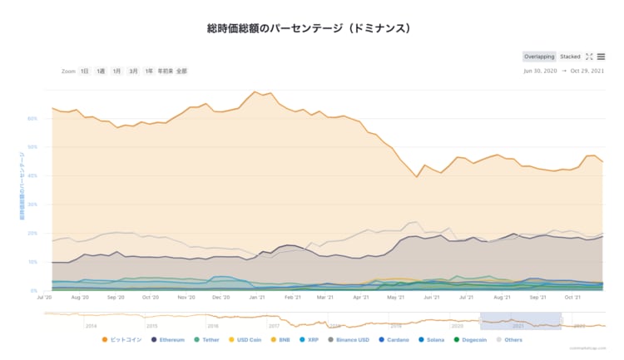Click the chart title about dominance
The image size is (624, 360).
tap(309, 28)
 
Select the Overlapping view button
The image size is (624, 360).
tap(539, 57)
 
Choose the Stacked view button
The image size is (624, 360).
tap(570, 57)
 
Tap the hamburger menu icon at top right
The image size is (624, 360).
tap(601, 57)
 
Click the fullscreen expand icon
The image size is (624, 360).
tap(589, 57)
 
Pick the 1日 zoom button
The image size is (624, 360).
tap(85, 72)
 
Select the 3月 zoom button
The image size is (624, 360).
tap(133, 72)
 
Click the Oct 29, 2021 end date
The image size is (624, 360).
tap(587, 72)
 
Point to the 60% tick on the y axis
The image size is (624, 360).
tap(32, 119)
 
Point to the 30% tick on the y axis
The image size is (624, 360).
tap(32, 205)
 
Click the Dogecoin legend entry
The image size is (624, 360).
tap(475, 339)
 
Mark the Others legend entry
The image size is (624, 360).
tap(513, 339)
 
